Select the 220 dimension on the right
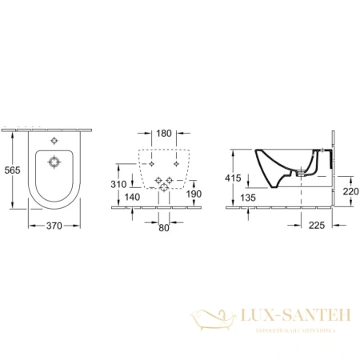pos(350,192)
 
